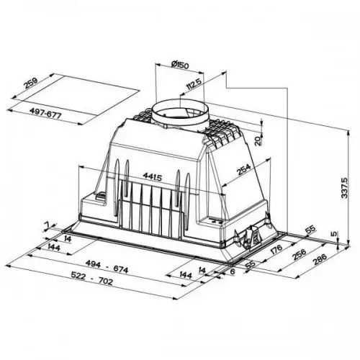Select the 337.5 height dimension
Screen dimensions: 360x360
346,189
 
